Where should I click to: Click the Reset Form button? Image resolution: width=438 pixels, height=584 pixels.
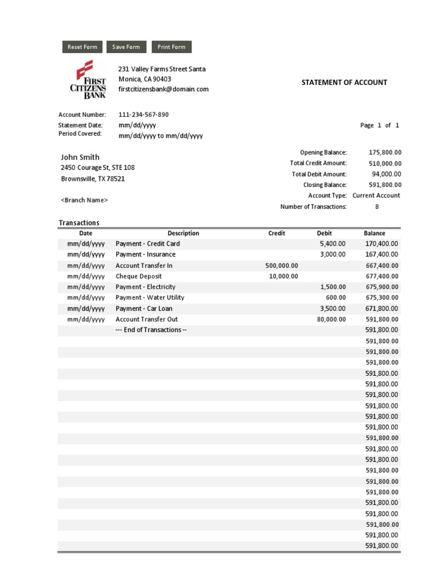coord(82,47)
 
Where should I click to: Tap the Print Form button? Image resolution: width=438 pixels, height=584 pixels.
coord(171,47)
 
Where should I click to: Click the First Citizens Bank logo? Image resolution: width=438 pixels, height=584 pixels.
coord(88,79)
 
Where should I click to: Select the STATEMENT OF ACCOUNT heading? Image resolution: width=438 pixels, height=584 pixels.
coord(344,82)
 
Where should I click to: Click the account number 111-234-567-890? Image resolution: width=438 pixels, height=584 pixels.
coord(143,115)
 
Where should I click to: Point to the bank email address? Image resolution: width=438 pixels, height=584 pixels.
coord(163,89)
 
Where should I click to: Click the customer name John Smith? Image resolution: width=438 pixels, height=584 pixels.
coord(80,157)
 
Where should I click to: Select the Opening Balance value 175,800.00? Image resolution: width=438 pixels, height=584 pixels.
coord(385,152)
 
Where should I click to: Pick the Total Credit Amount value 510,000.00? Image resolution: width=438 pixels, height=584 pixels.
coord(385,163)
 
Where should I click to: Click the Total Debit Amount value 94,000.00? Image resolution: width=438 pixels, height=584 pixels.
coord(387,174)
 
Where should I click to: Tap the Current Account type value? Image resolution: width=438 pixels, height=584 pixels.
coord(376,195)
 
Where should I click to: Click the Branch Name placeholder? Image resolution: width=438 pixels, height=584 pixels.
coord(84,200)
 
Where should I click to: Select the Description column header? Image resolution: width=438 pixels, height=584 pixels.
coord(183,233)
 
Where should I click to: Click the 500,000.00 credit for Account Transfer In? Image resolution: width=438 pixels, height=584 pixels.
coord(282,266)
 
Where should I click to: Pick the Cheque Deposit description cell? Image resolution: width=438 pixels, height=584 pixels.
coord(139,276)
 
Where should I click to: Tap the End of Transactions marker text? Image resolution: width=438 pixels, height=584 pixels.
coord(151,330)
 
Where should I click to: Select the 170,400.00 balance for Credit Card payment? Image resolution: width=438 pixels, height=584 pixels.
coord(382,244)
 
